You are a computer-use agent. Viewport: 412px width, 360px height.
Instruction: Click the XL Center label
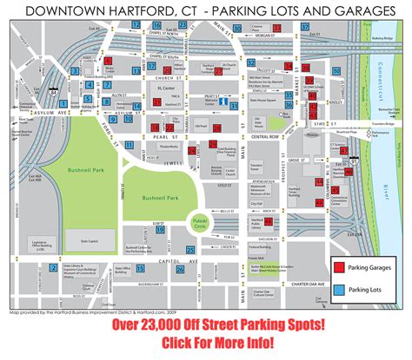point(157,89)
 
